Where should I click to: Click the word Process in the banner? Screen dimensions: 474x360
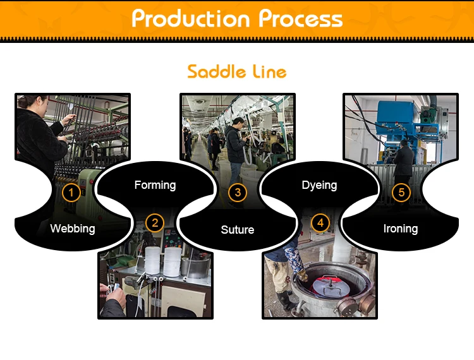tap(301, 19)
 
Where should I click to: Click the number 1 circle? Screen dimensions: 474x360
tap(72, 192)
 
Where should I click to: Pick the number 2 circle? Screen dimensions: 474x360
tap(154, 222)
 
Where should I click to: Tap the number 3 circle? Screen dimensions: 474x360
tap(238, 192)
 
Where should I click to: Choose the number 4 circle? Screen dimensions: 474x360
tap(320, 222)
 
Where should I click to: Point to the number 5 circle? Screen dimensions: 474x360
tap(401, 192)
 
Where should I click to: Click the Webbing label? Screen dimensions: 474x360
tap(72, 229)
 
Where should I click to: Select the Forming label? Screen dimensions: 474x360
tap(155, 185)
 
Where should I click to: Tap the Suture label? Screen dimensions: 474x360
tap(238, 230)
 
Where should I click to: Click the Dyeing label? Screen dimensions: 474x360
tap(319, 185)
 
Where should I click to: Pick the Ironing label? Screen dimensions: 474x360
tap(401, 229)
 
